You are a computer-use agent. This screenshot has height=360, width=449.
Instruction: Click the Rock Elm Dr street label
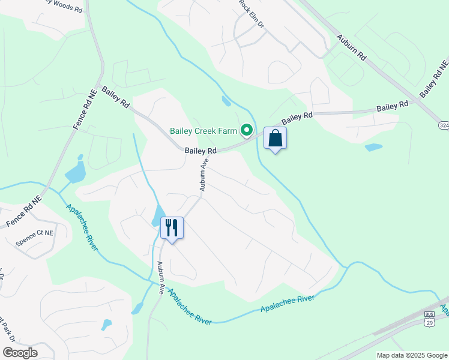click(x=252, y=14)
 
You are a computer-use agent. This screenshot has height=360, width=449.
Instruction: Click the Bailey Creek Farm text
click(x=203, y=130)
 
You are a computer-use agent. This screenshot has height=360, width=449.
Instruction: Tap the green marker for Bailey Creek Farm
click(x=246, y=130)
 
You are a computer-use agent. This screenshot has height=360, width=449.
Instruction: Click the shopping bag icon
click(x=275, y=139)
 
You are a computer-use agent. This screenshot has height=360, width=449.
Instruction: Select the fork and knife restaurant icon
click(x=172, y=227)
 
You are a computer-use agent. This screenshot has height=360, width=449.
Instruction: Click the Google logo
click(x=20, y=353)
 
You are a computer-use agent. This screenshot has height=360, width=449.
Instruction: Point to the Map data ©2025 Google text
click(x=412, y=355)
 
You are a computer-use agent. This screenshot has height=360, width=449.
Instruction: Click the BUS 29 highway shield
click(x=429, y=319)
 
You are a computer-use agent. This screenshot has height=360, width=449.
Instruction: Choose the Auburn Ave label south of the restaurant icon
click(x=161, y=277)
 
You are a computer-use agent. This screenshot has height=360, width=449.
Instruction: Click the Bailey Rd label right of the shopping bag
click(x=297, y=118)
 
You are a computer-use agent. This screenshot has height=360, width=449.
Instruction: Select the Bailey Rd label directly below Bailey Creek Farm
click(x=200, y=151)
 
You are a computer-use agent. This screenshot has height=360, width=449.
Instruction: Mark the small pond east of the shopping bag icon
click(x=373, y=147)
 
